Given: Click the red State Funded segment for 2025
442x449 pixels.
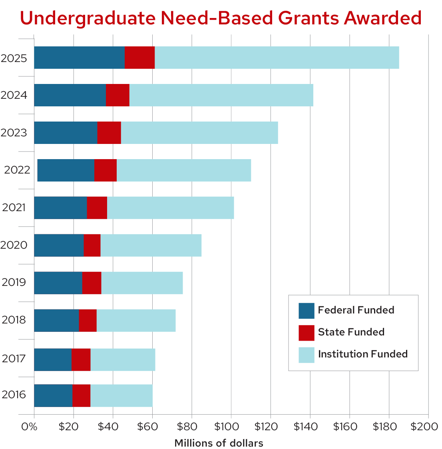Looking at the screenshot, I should pos(139,58).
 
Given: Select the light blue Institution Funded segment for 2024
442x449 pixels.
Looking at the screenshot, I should pos(221,95).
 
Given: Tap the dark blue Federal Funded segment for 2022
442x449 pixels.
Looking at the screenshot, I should pos(66,170).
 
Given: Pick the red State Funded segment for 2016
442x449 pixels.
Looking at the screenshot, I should pos(82,395).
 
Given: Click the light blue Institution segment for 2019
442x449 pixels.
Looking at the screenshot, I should pos(142,283).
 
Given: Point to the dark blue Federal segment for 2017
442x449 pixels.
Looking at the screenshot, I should pos(53,359).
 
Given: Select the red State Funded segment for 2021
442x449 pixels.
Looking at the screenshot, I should pos(97,208).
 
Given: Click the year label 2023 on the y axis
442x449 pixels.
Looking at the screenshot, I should pos(14,133).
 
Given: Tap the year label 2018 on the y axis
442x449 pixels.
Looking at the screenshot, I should pos(14,320).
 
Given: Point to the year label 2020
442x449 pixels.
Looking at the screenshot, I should pos(14,245).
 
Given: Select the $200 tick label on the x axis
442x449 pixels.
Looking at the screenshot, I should pos(424,427).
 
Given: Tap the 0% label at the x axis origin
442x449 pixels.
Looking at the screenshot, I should pos(29,427).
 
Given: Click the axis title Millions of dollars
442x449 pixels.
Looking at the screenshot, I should pos(219,443).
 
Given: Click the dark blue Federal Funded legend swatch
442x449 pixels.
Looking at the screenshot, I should pos(306,311).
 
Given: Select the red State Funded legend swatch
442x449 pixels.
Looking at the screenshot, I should pos(306,333).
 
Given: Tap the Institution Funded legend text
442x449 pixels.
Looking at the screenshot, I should pos(362,354).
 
